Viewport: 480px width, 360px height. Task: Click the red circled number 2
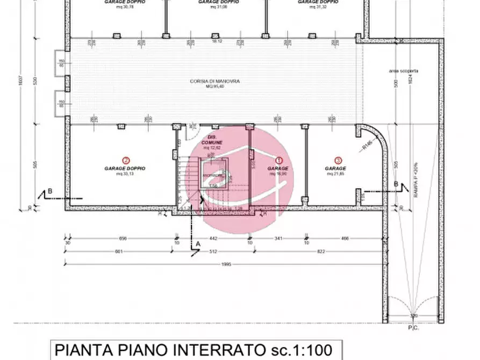126,160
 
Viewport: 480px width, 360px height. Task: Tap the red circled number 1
278,160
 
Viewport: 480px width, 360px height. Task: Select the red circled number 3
338,160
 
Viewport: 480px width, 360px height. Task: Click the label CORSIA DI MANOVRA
215,81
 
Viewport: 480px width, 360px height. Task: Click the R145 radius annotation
367,146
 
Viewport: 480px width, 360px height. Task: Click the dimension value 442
212,239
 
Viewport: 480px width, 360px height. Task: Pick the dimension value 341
278,239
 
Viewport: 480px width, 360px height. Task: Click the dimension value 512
212,250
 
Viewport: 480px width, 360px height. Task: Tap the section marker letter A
198,244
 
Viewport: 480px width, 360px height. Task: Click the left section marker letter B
50,191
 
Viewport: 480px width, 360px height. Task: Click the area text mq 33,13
126,174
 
